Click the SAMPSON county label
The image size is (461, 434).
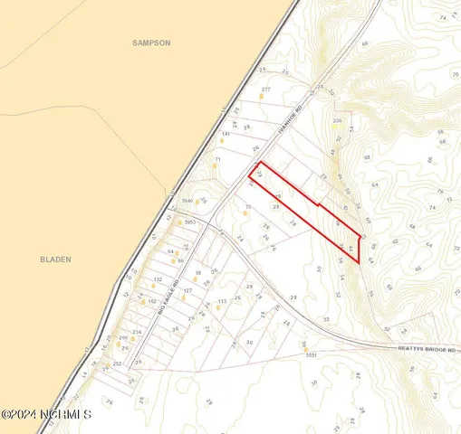point(151,42)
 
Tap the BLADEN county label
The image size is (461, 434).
point(55,259)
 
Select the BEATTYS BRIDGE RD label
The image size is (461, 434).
point(426,348)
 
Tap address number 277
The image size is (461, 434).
point(265,90)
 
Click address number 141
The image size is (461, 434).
point(226,135)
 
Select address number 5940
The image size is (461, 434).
point(188,200)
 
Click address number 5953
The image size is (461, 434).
point(189,222)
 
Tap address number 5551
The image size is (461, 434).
point(313,357)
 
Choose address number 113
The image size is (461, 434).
point(220,301)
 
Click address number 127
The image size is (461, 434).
point(187,291)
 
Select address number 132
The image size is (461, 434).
point(157,280)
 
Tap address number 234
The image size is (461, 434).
point(137,332)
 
